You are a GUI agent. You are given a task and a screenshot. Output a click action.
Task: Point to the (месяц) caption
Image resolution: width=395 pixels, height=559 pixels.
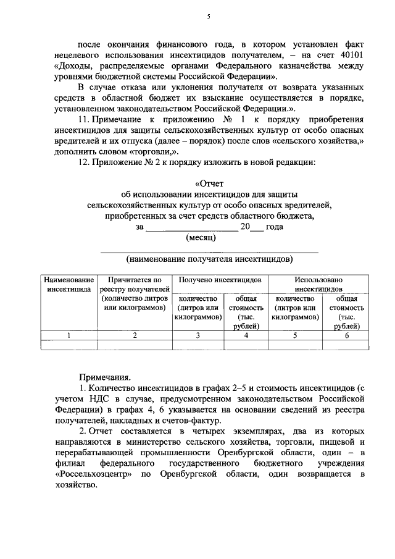pos(201,237)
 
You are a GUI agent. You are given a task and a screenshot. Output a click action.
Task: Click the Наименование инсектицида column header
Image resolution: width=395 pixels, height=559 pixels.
pos(69,284)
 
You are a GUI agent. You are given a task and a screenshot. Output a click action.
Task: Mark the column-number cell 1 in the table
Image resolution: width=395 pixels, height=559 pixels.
pos(69,335)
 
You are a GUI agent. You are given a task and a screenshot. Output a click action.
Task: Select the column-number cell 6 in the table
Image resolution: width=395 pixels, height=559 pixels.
pos(347,335)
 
